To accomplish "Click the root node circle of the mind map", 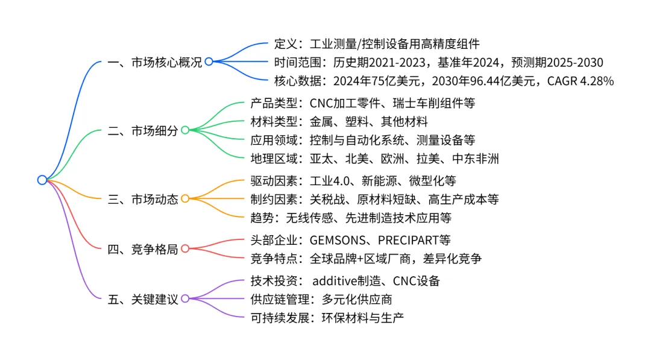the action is pyautogui.click(x=42, y=180).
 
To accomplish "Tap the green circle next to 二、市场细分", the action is pyautogui.click(x=185, y=130).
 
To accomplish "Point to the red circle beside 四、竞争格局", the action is pyautogui.click(x=185, y=248).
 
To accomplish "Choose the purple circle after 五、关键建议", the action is pyautogui.click(x=185, y=298).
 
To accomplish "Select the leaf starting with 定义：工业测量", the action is pyautogui.click(x=377, y=43).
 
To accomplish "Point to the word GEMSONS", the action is pyautogui.click(x=339, y=240).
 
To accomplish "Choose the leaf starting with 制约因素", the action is pyautogui.click(x=374, y=198).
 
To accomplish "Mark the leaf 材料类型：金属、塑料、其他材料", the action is pyautogui.click(x=339, y=122).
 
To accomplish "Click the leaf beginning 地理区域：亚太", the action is pyautogui.click(x=374, y=159).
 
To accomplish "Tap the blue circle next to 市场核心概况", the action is pyautogui.click(x=209, y=62).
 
